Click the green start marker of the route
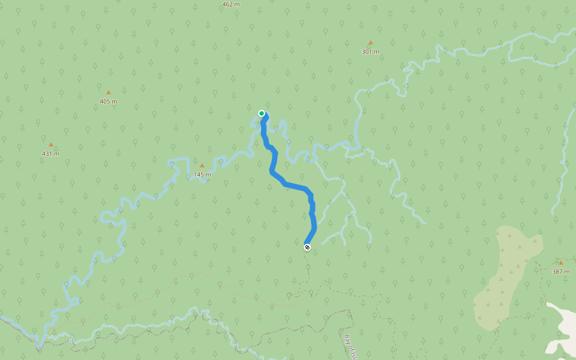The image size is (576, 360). [262, 113]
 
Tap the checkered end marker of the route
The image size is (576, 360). [307, 247]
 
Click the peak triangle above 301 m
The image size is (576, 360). [370, 43]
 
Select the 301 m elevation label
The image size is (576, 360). [370, 52]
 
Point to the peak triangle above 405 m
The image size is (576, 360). [109, 92]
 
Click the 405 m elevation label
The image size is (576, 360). [109, 101]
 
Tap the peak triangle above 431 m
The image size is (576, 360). [51, 145]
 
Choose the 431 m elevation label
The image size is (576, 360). [51, 154]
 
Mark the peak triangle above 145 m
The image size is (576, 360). [202, 166]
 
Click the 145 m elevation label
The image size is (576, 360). [202, 175]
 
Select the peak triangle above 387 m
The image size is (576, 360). [561, 263]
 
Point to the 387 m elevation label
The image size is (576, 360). [561, 272]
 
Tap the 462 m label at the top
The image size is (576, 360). [231, 4]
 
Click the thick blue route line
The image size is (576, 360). [294, 185]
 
